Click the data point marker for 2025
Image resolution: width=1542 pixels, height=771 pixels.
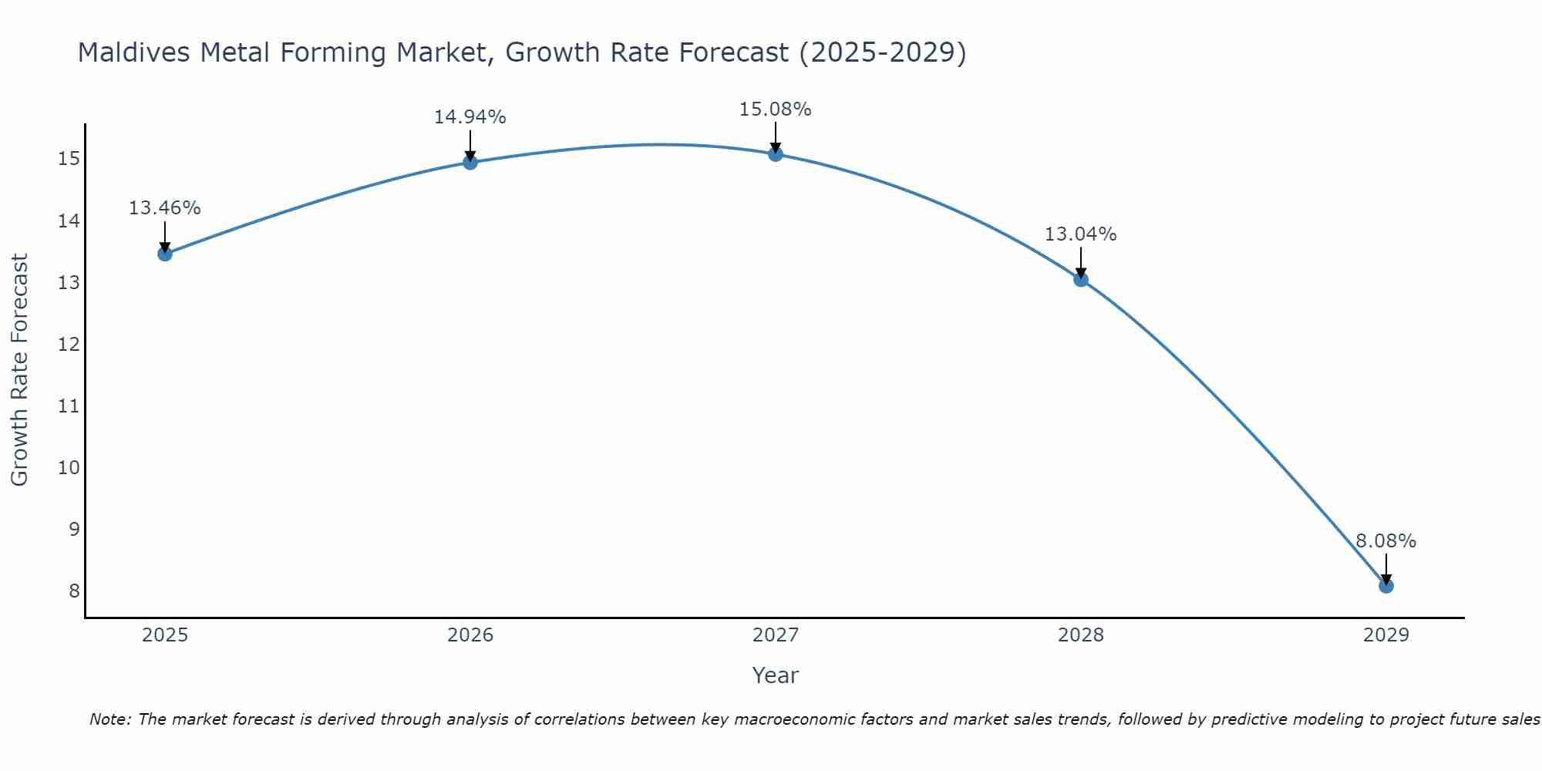(x=164, y=254)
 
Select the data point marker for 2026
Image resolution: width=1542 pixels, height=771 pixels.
(x=470, y=162)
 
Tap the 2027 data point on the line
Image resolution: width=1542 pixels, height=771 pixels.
(x=775, y=154)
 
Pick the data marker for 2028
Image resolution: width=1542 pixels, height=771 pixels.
(x=1080, y=279)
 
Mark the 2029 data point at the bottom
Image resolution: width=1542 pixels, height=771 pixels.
(x=1385, y=586)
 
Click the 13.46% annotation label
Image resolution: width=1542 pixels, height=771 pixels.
(x=164, y=208)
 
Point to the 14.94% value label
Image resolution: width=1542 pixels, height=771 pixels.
(x=470, y=117)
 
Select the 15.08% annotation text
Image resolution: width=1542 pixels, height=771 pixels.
(x=775, y=109)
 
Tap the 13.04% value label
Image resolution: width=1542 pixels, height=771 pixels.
(x=1080, y=234)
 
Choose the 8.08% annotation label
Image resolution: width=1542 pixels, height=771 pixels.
(x=1385, y=541)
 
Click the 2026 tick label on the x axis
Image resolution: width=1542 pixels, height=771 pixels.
(x=470, y=635)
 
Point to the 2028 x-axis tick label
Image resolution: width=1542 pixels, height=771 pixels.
(x=1080, y=635)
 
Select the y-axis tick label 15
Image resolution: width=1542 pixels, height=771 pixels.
(x=69, y=160)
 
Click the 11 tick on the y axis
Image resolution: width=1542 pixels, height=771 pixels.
(x=69, y=406)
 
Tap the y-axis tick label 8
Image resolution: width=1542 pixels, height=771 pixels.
(x=74, y=591)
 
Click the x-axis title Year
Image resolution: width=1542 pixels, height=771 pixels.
(x=775, y=675)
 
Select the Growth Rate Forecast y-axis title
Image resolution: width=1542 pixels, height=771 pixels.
(x=20, y=370)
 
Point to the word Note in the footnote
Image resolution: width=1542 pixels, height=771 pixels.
(x=111, y=719)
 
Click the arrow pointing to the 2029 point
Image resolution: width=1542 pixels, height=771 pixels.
(x=1385, y=569)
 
